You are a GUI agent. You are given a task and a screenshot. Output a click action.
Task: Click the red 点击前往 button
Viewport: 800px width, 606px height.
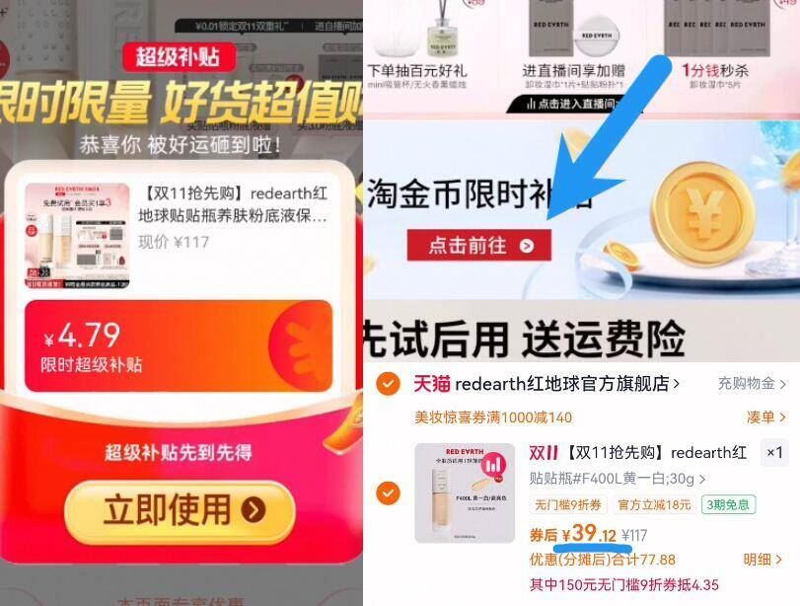click(479, 246)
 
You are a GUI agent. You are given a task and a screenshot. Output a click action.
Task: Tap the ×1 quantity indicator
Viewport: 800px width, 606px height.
click(774, 453)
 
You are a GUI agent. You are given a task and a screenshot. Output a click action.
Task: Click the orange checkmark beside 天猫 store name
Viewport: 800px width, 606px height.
click(389, 383)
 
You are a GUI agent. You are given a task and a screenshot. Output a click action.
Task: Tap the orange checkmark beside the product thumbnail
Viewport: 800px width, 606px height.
click(389, 492)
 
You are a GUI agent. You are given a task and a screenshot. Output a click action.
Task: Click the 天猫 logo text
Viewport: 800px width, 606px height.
click(431, 383)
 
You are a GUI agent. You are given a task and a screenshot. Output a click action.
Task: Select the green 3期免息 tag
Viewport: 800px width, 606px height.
click(727, 505)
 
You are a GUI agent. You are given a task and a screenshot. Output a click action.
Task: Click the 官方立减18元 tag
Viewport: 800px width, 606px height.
click(654, 505)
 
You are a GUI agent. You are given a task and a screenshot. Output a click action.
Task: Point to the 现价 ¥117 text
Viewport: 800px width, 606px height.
click(174, 242)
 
